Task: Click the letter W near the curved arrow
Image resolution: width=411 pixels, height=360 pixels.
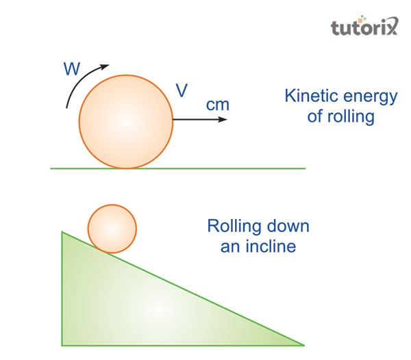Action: coord(72,68)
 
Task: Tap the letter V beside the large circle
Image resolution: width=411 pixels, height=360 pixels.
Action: coord(182,92)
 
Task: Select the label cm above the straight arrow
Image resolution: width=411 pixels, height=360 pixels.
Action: coord(218,106)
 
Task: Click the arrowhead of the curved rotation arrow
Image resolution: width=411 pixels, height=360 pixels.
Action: coord(105,66)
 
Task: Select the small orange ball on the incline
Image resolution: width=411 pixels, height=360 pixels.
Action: coord(112,229)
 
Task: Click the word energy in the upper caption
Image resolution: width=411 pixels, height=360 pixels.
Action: coord(371,97)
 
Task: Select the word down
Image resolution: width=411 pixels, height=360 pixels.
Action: coord(288,226)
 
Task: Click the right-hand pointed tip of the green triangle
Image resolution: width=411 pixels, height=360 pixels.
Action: coord(301,344)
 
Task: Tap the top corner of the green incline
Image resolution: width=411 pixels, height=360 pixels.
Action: coord(63,233)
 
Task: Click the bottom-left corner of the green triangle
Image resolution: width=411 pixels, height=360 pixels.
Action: coord(64,344)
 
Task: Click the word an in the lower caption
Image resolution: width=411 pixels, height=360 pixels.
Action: coord(229,246)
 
